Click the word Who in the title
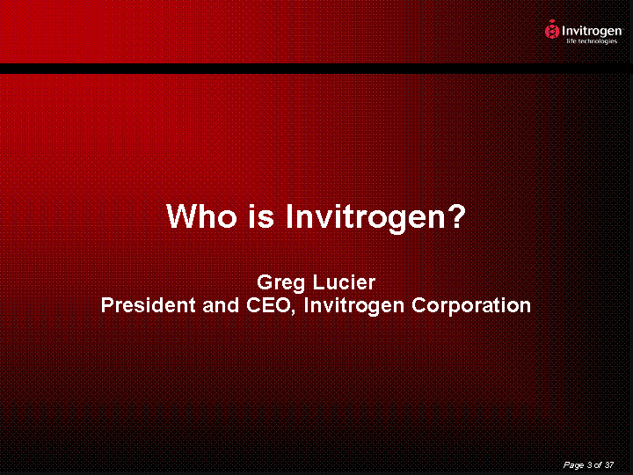pos(201,216)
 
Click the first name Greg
pos(280,283)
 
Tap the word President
pos(149,305)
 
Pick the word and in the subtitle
pos(221,305)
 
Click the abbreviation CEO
pos(267,305)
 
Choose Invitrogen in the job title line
pos(353,307)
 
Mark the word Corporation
pos(471,307)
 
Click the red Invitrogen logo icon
pos(551,30)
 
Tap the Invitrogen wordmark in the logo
pos(592,31)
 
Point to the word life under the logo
pos(571,40)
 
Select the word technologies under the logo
pos(597,41)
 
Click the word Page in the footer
pos(573,465)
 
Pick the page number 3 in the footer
pos(590,464)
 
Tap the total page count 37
pos(608,464)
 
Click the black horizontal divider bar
pos(316,69)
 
